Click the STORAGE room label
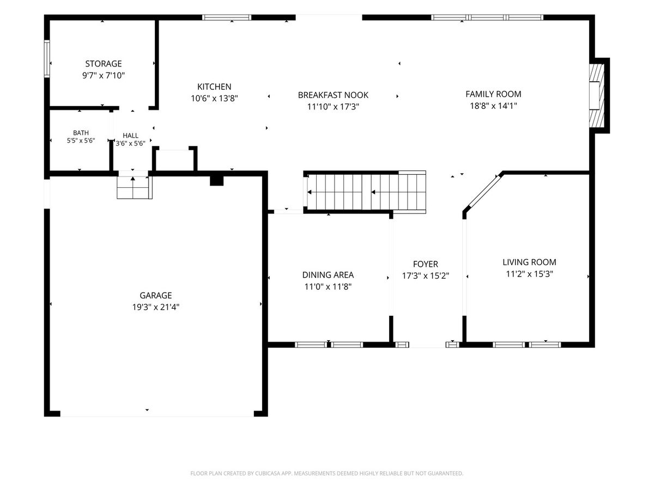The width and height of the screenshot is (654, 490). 104,64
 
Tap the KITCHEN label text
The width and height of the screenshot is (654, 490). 214,87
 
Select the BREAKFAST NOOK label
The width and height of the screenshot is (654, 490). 333,95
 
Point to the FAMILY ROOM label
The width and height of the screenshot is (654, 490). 493,94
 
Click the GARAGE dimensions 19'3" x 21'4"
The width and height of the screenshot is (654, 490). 156,307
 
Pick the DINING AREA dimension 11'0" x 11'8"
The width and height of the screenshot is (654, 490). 328,286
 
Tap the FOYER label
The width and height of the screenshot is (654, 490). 426,264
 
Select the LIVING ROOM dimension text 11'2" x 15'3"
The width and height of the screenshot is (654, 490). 529,274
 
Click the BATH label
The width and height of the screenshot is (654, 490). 81,133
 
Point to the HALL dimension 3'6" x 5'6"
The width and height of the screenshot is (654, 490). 130,143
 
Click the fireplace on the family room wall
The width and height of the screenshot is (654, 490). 597,96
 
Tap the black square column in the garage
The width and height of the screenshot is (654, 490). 216,181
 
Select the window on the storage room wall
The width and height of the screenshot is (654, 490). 47,59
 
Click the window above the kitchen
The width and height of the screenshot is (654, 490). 227,17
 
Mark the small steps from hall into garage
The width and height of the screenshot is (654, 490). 135,187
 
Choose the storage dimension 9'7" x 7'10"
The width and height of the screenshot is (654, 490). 104,75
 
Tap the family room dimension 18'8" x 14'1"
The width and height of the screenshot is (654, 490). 493,106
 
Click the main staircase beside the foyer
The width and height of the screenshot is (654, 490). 365,192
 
